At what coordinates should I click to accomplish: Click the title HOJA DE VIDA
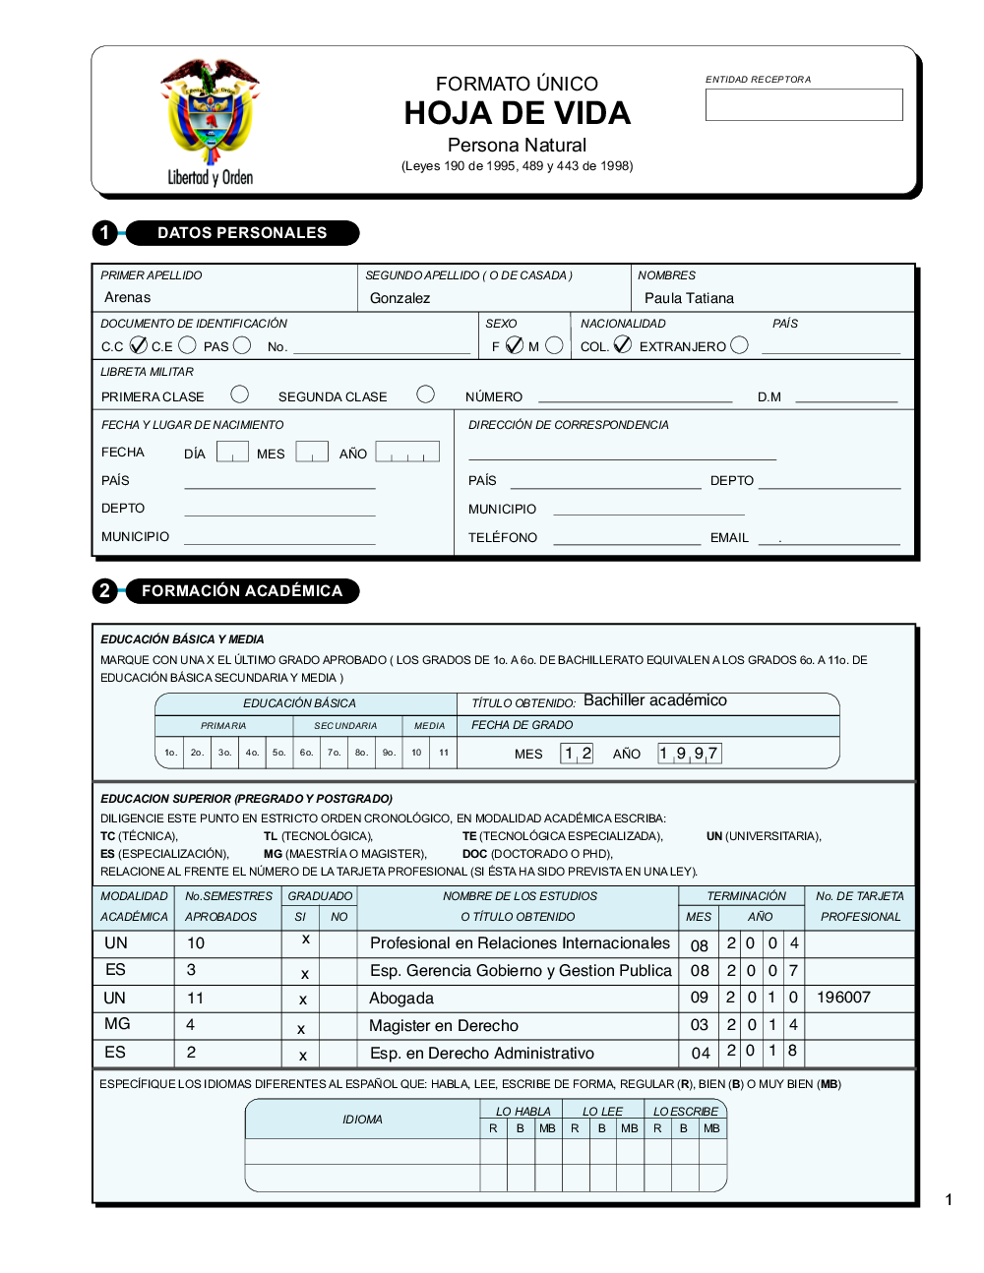(517, 114)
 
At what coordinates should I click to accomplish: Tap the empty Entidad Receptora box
(803, 105)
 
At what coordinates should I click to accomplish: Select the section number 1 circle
(105, 233)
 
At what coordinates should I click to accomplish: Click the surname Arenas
(128, 297)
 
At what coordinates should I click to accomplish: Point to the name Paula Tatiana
(689, 298)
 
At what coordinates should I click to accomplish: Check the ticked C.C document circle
(138, 345)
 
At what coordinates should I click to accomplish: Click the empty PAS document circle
(242, 345)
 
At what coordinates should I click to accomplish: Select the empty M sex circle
(554, 345)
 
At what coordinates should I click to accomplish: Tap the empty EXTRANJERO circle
(740, 345)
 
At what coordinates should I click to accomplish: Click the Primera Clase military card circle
(239, 394)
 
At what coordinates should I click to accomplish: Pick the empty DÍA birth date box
(232, 452)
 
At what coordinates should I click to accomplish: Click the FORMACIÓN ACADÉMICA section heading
(242, 591)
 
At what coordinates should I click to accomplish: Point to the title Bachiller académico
(654, 700)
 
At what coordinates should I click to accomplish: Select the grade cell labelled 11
(444, 753)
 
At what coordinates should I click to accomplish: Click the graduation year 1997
(689, 754)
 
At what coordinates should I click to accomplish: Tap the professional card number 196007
(843, 998)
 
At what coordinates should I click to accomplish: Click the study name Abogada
(401, 999)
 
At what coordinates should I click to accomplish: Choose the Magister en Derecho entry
(444, 1026)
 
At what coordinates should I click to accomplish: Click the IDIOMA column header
(362, 1120)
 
